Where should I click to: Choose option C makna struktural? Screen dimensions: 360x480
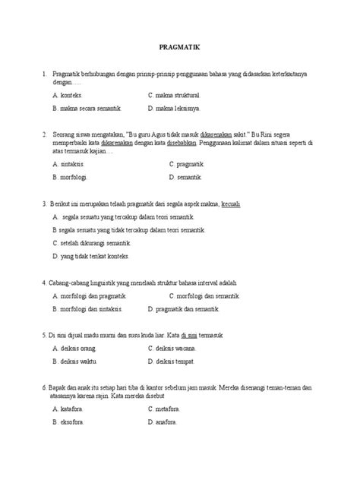coord(175,96)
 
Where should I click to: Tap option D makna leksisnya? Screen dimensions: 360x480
coord(175,109)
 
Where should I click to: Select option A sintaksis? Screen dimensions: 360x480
coord(69,163)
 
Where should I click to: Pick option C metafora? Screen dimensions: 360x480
coord(167,408)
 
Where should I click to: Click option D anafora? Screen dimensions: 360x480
coord(166,421)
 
